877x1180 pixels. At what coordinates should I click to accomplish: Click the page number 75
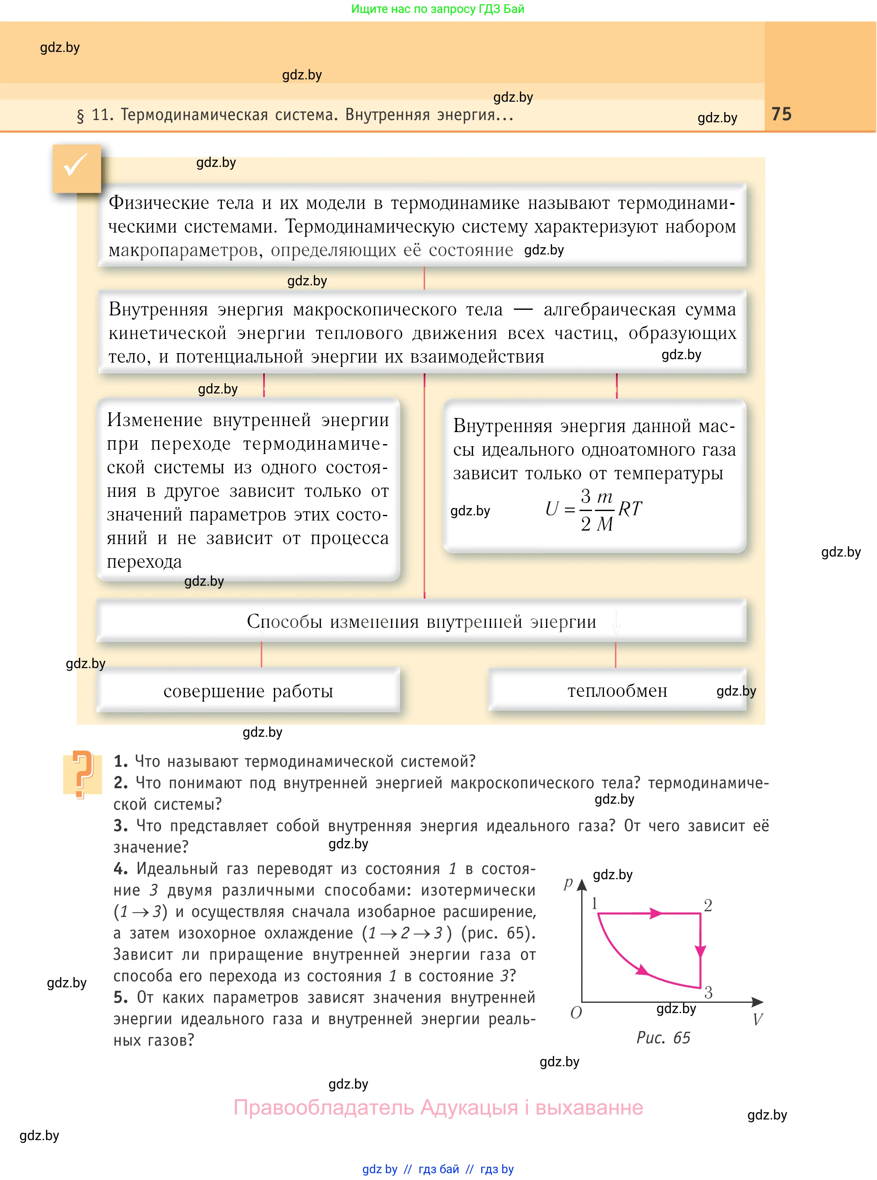781,114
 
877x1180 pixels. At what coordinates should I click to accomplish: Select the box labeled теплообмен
617,690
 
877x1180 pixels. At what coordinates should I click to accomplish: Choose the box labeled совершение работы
248,690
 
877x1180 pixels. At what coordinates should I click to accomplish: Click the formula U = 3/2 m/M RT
594,509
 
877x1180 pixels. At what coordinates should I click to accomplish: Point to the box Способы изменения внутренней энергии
421,621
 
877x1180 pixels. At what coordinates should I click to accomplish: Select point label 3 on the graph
708,992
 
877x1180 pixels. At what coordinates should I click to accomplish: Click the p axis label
568,882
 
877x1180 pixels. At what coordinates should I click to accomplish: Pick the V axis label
758,1019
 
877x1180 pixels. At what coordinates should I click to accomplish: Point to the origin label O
576,1012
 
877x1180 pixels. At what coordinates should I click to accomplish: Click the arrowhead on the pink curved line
642,970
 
